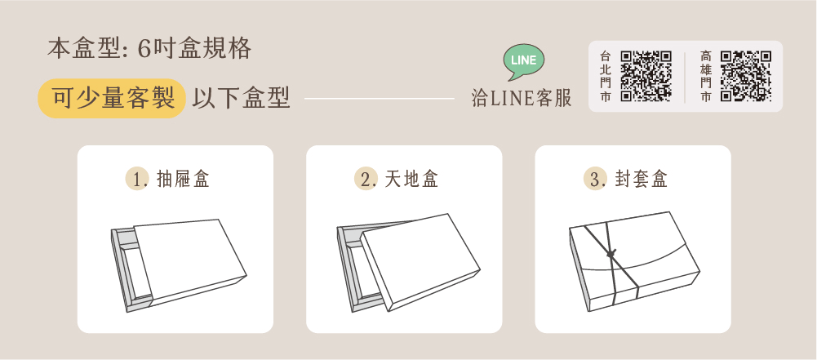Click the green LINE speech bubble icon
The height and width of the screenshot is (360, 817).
[x=524, y=61]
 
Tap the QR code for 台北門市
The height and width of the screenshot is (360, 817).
[x=646, y=76]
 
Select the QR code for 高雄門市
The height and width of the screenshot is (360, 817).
[x=746, y=76]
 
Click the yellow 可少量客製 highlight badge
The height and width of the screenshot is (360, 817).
[x=112, y=99]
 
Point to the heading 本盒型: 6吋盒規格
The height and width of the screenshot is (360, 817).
[x=149, y=49]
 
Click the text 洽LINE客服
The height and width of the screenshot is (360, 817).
[x=521, y=98]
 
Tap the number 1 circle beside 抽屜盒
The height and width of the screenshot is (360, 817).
[x=137, y=180]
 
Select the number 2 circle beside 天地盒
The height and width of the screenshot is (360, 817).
[x=366, y=180]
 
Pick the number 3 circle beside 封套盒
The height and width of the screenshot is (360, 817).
[x=595, y=180]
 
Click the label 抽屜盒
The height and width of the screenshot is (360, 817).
[x=183, y=180]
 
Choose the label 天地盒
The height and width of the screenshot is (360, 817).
[x=411, y=180]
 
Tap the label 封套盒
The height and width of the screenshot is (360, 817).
[x=641, y=180]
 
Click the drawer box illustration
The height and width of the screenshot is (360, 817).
[x=179, y=265]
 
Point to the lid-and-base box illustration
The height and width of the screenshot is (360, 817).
[x=408, y=263]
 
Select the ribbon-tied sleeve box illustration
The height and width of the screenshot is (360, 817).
[x=634, y=262]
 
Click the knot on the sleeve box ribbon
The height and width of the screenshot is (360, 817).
[x=611, y=254]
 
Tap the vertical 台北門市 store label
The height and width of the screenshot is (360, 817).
[x=605, y=76]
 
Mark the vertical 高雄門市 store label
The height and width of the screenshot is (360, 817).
[x=706, y=76]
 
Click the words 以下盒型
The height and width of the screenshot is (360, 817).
[x=241, y=98]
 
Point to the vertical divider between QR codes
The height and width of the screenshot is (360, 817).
[x=685, y=77]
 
